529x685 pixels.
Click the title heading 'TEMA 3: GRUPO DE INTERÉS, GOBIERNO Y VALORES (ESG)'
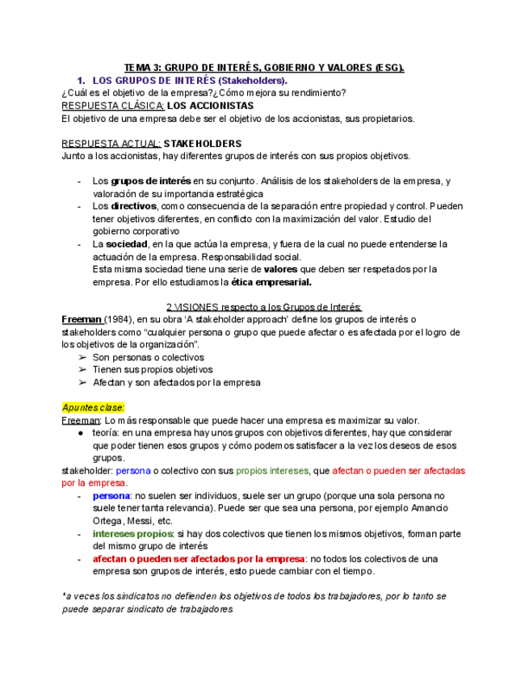click(263, 69)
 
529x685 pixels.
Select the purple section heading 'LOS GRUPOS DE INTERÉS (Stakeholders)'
click(190, 81)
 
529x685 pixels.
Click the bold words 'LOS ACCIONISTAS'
click(210, 106)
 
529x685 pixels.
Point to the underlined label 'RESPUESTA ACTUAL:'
click(111, 144)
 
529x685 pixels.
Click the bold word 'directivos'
click(134, 206)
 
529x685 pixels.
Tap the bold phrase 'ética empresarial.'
click(271, 282)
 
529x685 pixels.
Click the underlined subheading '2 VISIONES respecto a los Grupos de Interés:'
click(263, 307)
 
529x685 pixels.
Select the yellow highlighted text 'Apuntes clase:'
click(94, 408)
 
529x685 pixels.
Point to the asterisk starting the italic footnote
click(64, 596)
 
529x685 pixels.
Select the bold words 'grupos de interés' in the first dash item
click(151, 181)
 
